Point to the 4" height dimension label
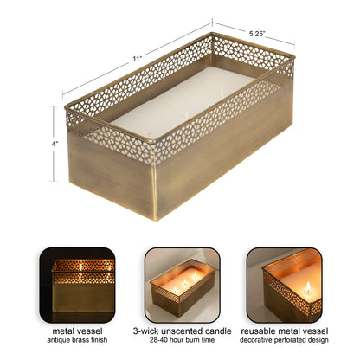54,143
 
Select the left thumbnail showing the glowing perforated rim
77,284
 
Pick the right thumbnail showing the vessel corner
285,284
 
